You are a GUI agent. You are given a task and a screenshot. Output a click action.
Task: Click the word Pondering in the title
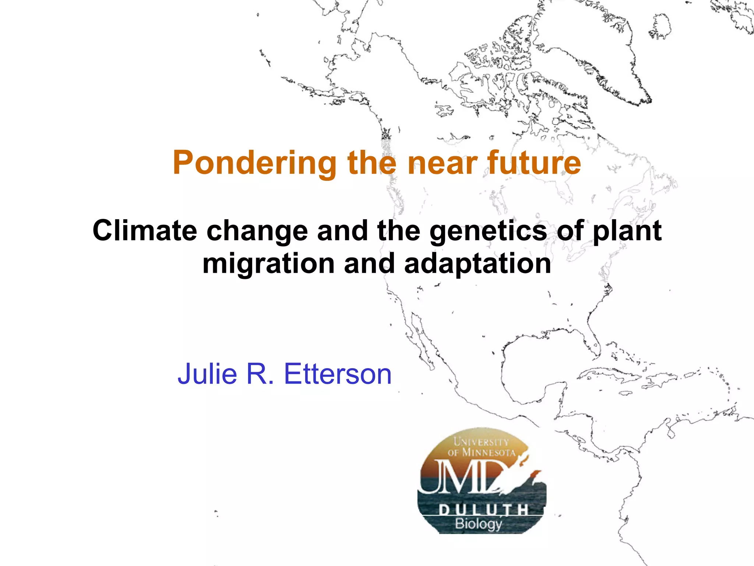(x=254, y=163)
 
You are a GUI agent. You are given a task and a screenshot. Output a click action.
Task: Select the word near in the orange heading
(x=441, y=163)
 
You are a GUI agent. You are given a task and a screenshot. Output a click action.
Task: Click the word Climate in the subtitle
(x=145, y=231)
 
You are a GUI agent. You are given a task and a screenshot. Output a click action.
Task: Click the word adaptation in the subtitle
(x=478, y=263)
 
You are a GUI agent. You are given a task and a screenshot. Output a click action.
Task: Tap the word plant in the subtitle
(x=627, y=231)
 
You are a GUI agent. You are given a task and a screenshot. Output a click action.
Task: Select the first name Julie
(x=207, y=374)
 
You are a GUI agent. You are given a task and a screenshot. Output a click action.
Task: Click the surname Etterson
(x=338, y=374)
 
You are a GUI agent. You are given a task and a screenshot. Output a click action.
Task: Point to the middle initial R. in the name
(x=260, y=374)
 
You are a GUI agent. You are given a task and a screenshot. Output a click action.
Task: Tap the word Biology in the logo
(x=478, y=524)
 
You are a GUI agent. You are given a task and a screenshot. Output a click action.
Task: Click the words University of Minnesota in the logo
(x=481, y=447)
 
